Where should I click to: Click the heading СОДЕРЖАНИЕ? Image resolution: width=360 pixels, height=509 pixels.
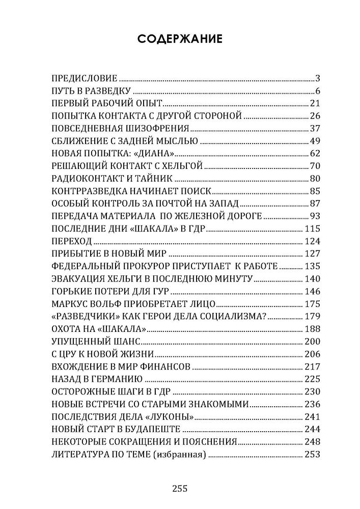click(180, 40)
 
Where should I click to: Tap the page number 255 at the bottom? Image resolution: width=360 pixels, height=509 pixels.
click(180, 490)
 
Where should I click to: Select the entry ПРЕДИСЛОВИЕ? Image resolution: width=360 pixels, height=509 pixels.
click(85, 78)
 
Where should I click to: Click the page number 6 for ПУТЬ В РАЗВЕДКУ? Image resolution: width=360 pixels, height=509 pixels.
click(316, 91)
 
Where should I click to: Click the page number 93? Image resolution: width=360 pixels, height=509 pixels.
click(314, 216)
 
